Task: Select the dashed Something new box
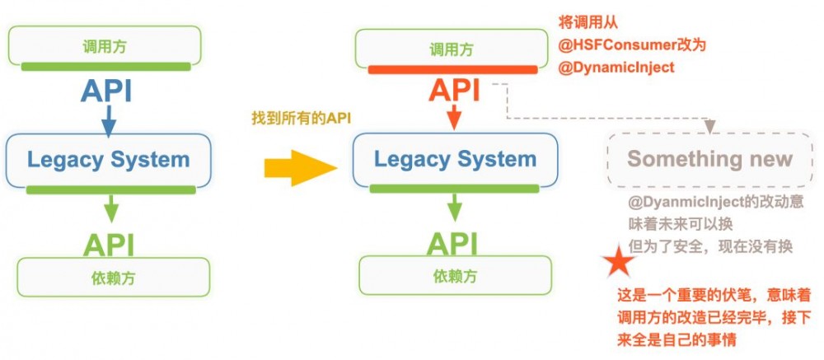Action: pos(709,158)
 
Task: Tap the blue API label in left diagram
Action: pos(106,91)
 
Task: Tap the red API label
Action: pos(452,91)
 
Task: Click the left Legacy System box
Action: pos(109,159)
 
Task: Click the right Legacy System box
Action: pos(455,159)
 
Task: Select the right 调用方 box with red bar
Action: pos(452,49)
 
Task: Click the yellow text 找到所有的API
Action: pos(302,119)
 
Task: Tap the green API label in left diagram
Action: pos(108,244)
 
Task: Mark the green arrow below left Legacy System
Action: pos(108,209)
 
